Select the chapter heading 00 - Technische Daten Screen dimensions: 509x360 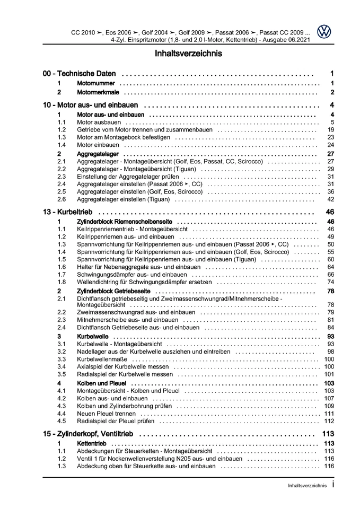pos(83,74)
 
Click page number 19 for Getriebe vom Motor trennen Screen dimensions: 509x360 pos(330,130)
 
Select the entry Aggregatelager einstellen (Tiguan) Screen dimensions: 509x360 pos(124,199)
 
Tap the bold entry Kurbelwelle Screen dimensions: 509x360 pos(92,337)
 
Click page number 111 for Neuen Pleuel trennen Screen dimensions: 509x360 pos(329,414)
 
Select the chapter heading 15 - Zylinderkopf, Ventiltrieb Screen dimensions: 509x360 pos(91,434)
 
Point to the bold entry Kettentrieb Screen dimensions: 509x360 pos(92,444)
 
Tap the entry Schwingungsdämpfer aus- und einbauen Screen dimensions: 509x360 pos(131,275)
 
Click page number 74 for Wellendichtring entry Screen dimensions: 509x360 pos(330,283)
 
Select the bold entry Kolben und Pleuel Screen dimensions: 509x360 pos(102,383)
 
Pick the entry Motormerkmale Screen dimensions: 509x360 pos(97,92)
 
